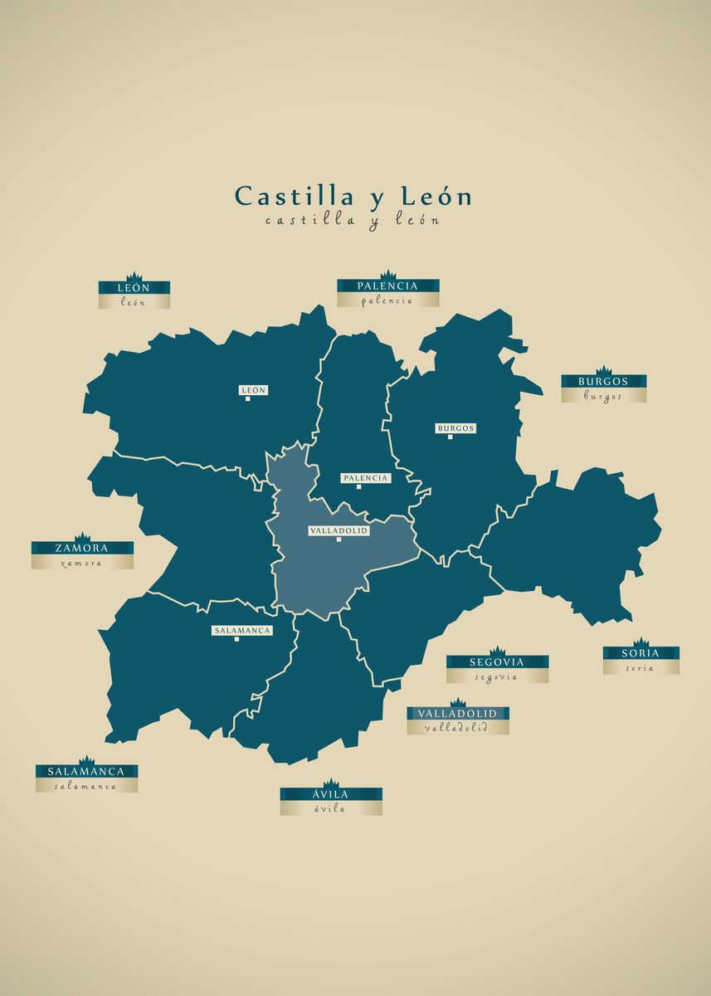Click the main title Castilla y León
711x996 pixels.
[353, 197]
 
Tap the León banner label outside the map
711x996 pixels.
[134, 288]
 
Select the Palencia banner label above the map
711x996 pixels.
[387, 286]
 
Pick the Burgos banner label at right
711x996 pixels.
[603, 382]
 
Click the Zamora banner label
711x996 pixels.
[82, 549]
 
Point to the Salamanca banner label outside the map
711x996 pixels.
[86, 772]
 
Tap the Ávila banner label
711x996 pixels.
[330, 795]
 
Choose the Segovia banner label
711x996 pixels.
[497, 662]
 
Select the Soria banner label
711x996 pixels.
[640, 653]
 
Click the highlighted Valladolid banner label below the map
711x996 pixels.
[457, 714]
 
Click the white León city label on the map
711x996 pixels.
[254, 390]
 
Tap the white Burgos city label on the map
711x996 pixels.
[455, 428]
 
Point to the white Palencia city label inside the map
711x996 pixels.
[365, 478]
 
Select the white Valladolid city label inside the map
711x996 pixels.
[338, 530]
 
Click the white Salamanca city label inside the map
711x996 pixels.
[242, 631]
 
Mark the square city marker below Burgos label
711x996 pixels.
[450, 437]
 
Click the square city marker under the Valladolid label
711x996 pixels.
[338, 539]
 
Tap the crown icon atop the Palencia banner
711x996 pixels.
[387, 275]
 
